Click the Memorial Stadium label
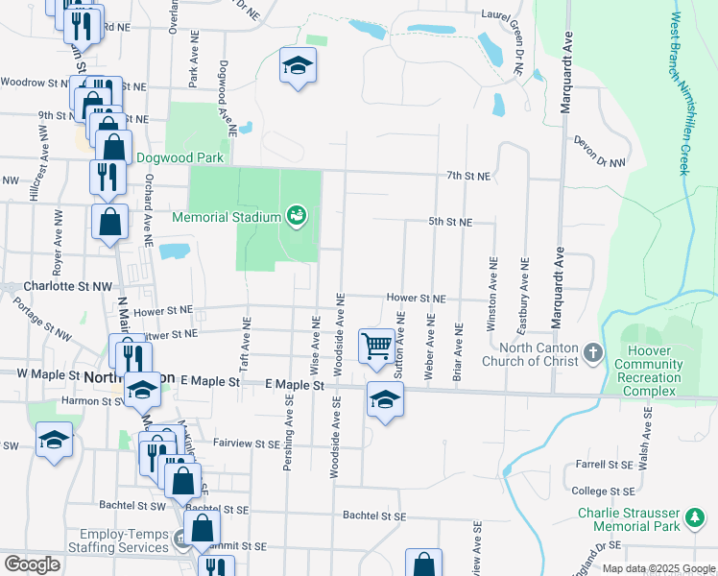coord(226,217)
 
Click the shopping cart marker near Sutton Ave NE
coord(376,345)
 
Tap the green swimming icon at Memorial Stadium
coord(297,216)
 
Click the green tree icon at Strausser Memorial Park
coord(694,519)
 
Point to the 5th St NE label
coord(450,222)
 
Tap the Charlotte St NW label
coord(55,286)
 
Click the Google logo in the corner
coord(32,564)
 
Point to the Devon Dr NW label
coord(598,152)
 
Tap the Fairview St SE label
coord(246,444)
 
